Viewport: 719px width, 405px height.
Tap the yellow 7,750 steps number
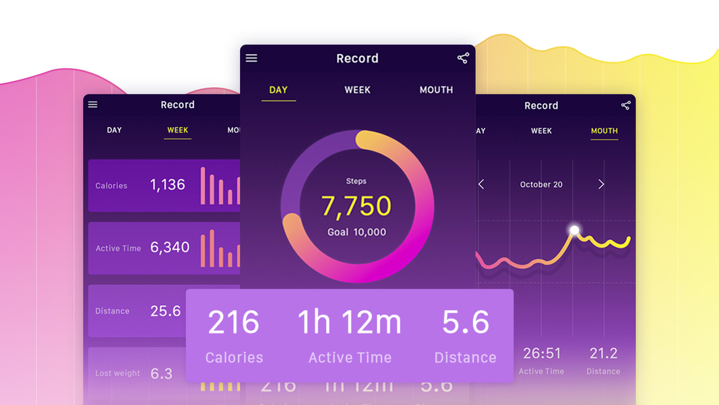356,206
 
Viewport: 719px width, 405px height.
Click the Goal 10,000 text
356,232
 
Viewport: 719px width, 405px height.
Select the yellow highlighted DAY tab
278,90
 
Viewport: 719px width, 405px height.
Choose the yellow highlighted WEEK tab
178,130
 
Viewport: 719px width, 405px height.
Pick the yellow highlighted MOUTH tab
604,131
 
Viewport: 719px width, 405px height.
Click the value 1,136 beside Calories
168,185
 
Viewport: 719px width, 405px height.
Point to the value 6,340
170,247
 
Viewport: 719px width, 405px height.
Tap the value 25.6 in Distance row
166,310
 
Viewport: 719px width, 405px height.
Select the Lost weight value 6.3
162,373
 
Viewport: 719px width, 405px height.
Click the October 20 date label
541,184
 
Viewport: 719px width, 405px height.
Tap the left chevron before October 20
481,184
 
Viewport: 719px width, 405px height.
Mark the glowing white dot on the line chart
575,230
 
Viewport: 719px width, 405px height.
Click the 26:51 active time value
542,354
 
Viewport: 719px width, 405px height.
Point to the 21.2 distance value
603,354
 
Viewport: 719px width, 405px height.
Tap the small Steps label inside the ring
356,181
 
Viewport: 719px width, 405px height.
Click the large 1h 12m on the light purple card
349,323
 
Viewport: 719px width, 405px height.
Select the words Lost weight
118,373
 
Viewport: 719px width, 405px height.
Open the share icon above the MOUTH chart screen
626,105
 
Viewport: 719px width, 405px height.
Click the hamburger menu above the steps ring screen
251,58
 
